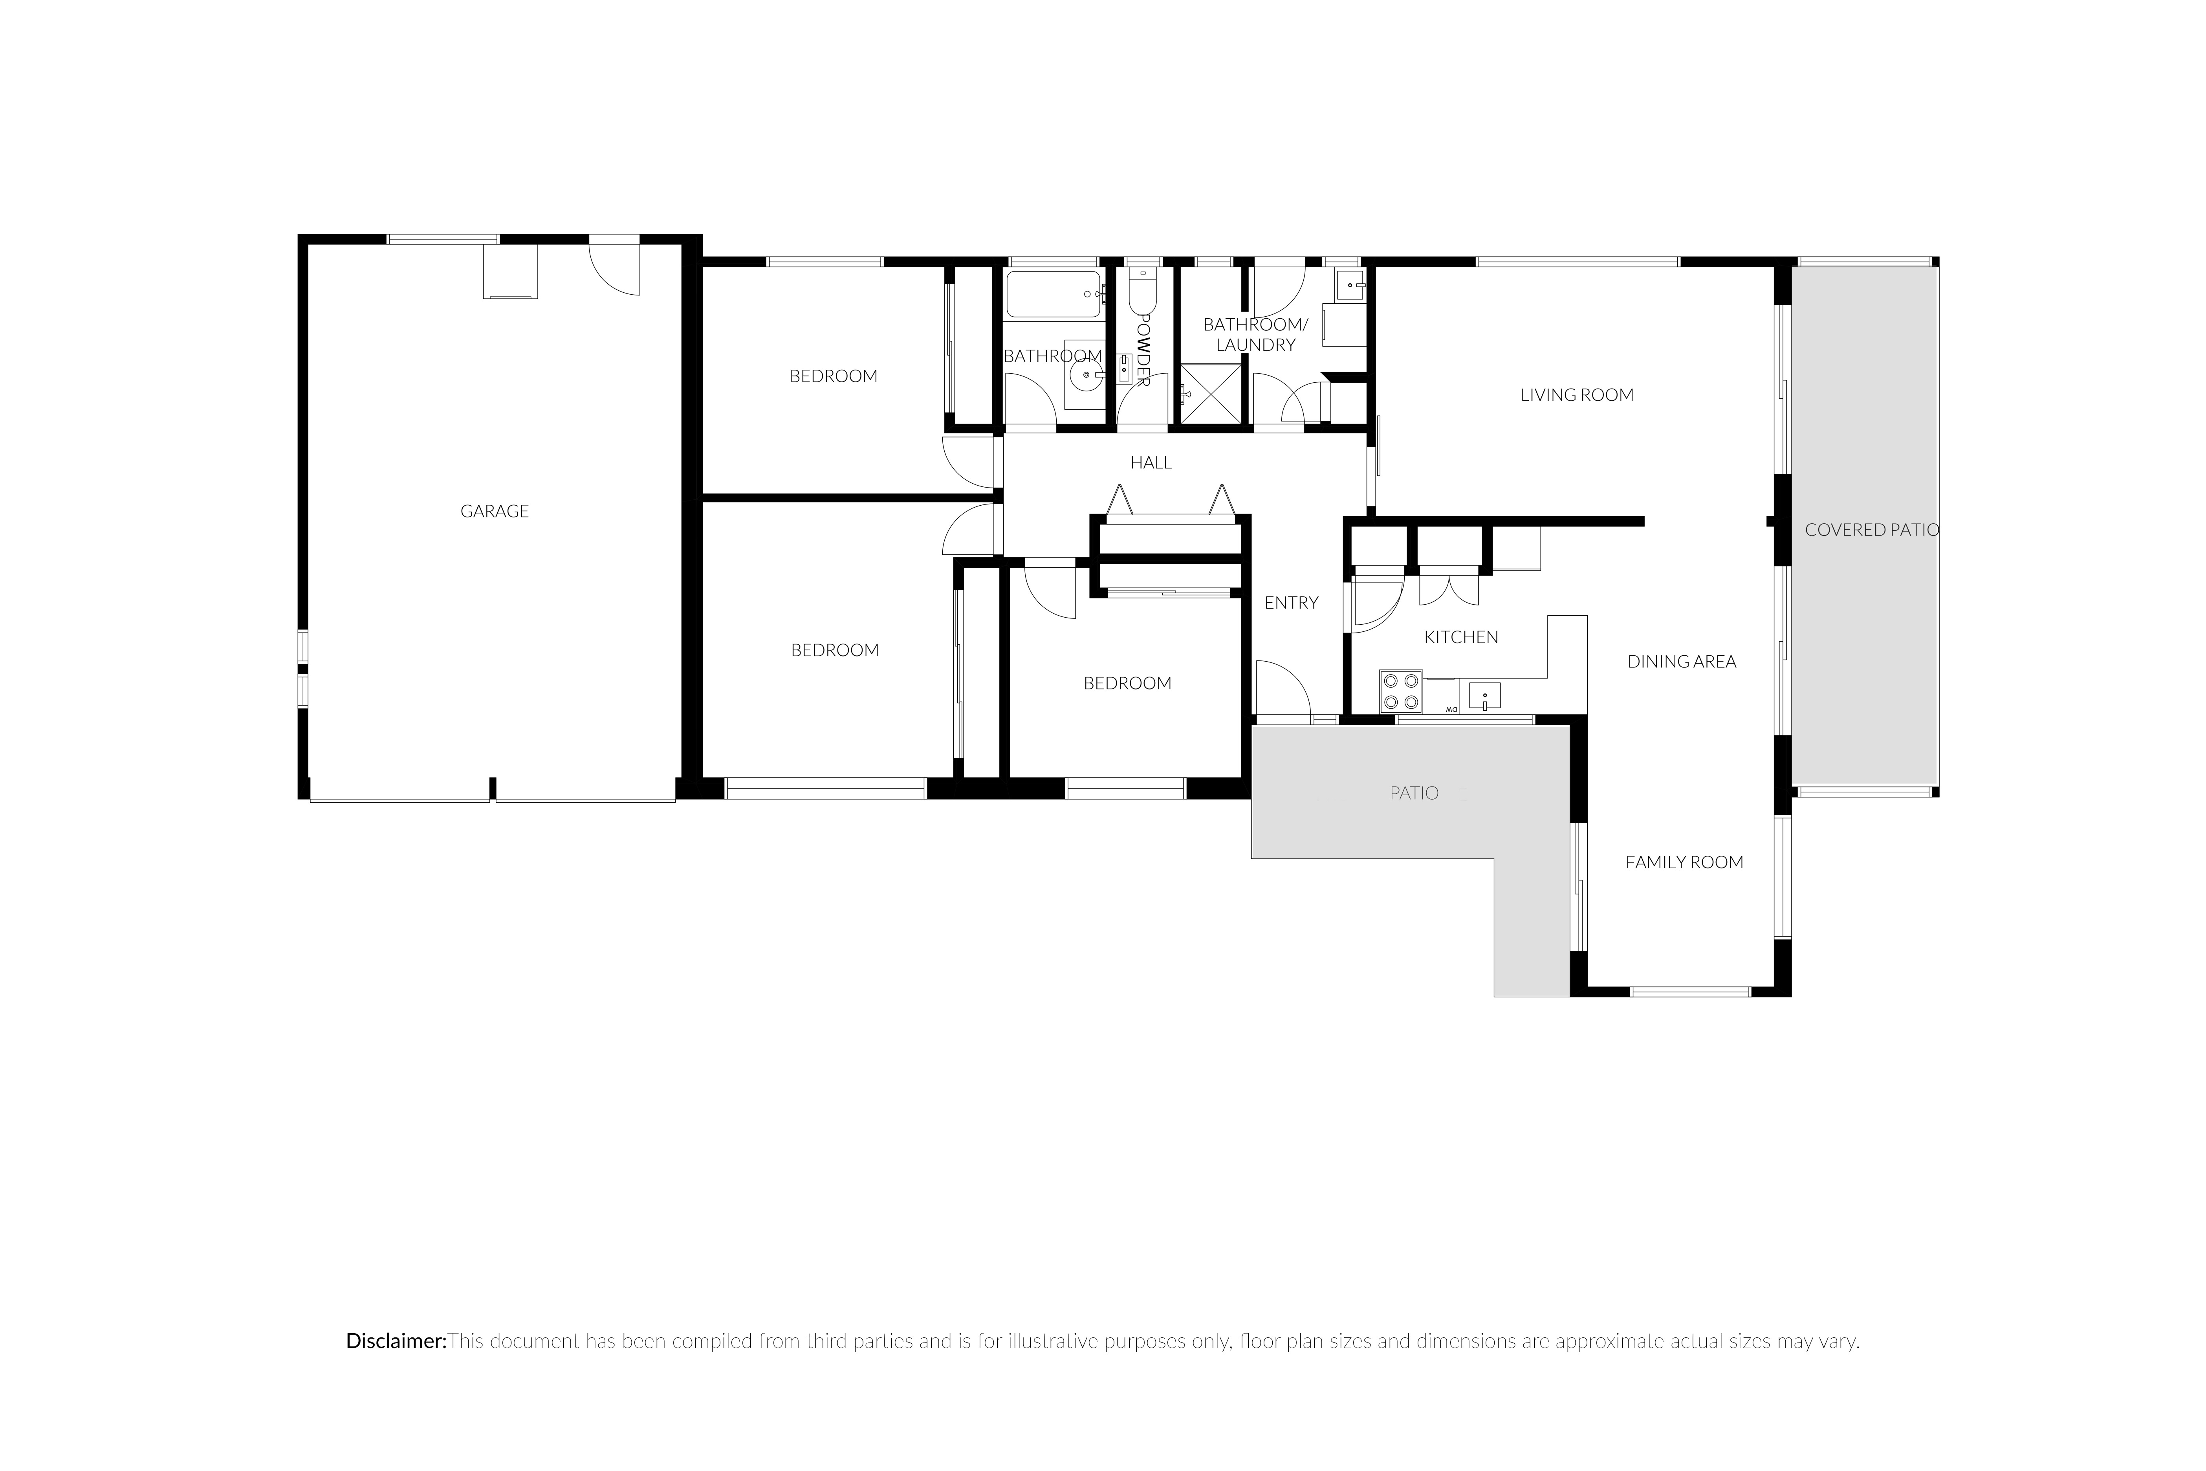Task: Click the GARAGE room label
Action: click(494, 511)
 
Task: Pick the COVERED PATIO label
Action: click(1872, 530)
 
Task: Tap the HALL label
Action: click(1151, 462)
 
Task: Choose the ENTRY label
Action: click(1292, 603)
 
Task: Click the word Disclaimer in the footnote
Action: click(396, 1341)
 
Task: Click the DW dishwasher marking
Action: click(1451, 709)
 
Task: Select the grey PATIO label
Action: click(1413, 794)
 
